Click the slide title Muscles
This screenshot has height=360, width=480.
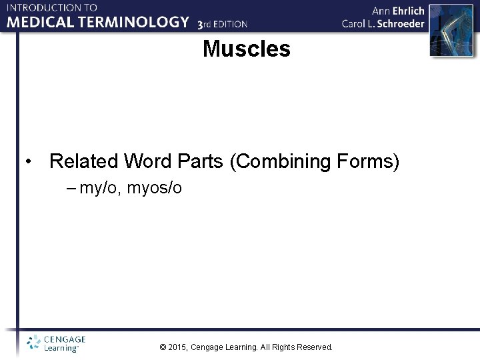(x=247, y=49)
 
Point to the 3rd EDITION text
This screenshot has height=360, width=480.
(x=223, y=24)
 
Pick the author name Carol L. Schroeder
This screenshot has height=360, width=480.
(x=383, y=23)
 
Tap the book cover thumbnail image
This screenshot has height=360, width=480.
(x=445, y=30)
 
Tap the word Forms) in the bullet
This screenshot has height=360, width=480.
(x=375, y=161)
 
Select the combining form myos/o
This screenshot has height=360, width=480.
(x=155, y=189)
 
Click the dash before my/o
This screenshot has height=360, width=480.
(x=72, y=189)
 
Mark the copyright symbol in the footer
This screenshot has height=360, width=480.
(x=163, y=347)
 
